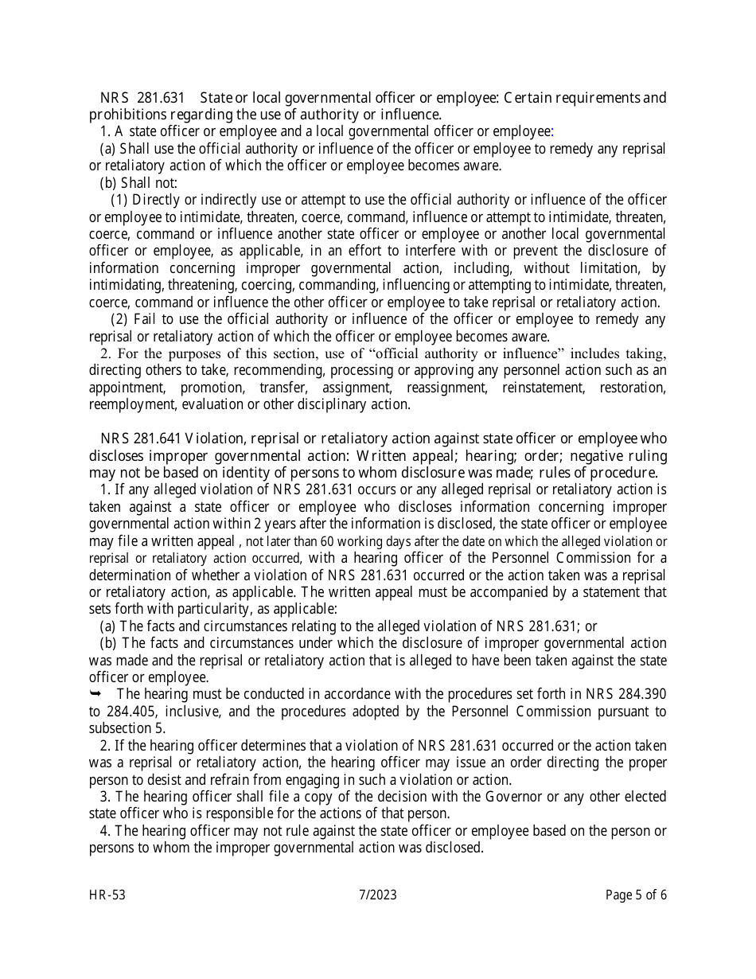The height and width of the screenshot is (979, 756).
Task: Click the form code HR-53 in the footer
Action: coord(107,895)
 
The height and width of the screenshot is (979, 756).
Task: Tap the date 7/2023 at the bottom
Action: coord(377,895)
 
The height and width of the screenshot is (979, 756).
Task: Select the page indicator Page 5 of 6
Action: coord(636,895)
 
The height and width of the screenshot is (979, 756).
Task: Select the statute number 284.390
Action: coord(641,694)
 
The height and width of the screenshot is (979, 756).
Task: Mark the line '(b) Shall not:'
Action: coord(138,183)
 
